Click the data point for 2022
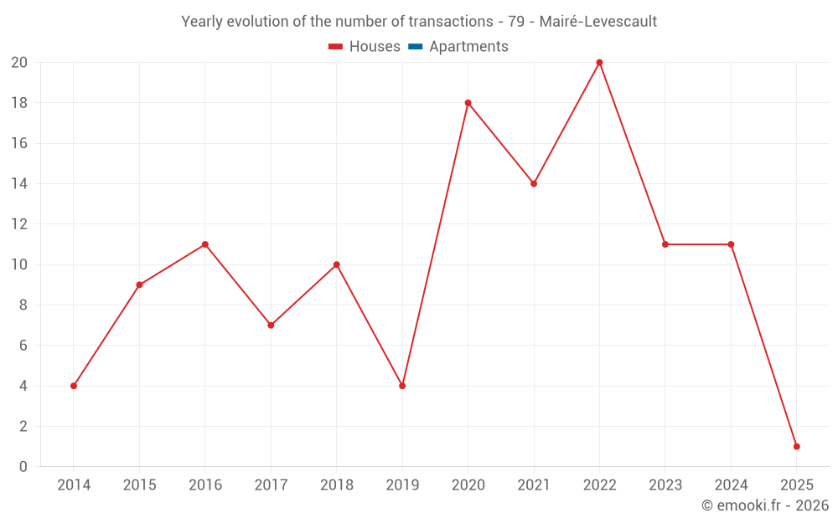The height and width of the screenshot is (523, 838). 599,63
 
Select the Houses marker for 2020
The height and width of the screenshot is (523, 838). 468,103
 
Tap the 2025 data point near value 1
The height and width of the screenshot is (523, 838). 796,446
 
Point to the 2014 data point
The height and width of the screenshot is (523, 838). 74,386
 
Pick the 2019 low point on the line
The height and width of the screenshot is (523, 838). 402,386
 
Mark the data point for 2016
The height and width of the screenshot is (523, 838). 204,244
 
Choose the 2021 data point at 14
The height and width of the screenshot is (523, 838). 534,183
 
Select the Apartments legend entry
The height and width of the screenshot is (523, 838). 468,47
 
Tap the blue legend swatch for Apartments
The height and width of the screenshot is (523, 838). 414,47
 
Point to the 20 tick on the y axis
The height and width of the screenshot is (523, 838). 19,63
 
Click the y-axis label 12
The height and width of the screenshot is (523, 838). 19,224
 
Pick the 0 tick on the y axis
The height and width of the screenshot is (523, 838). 23,466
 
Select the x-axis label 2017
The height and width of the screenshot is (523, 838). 271,485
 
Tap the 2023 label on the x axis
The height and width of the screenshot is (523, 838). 665,485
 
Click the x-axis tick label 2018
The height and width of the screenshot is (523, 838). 336,485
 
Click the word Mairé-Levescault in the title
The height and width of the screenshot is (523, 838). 598,21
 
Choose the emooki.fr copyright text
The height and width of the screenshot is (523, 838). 765,505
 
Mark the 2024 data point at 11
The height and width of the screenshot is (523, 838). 731,244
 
